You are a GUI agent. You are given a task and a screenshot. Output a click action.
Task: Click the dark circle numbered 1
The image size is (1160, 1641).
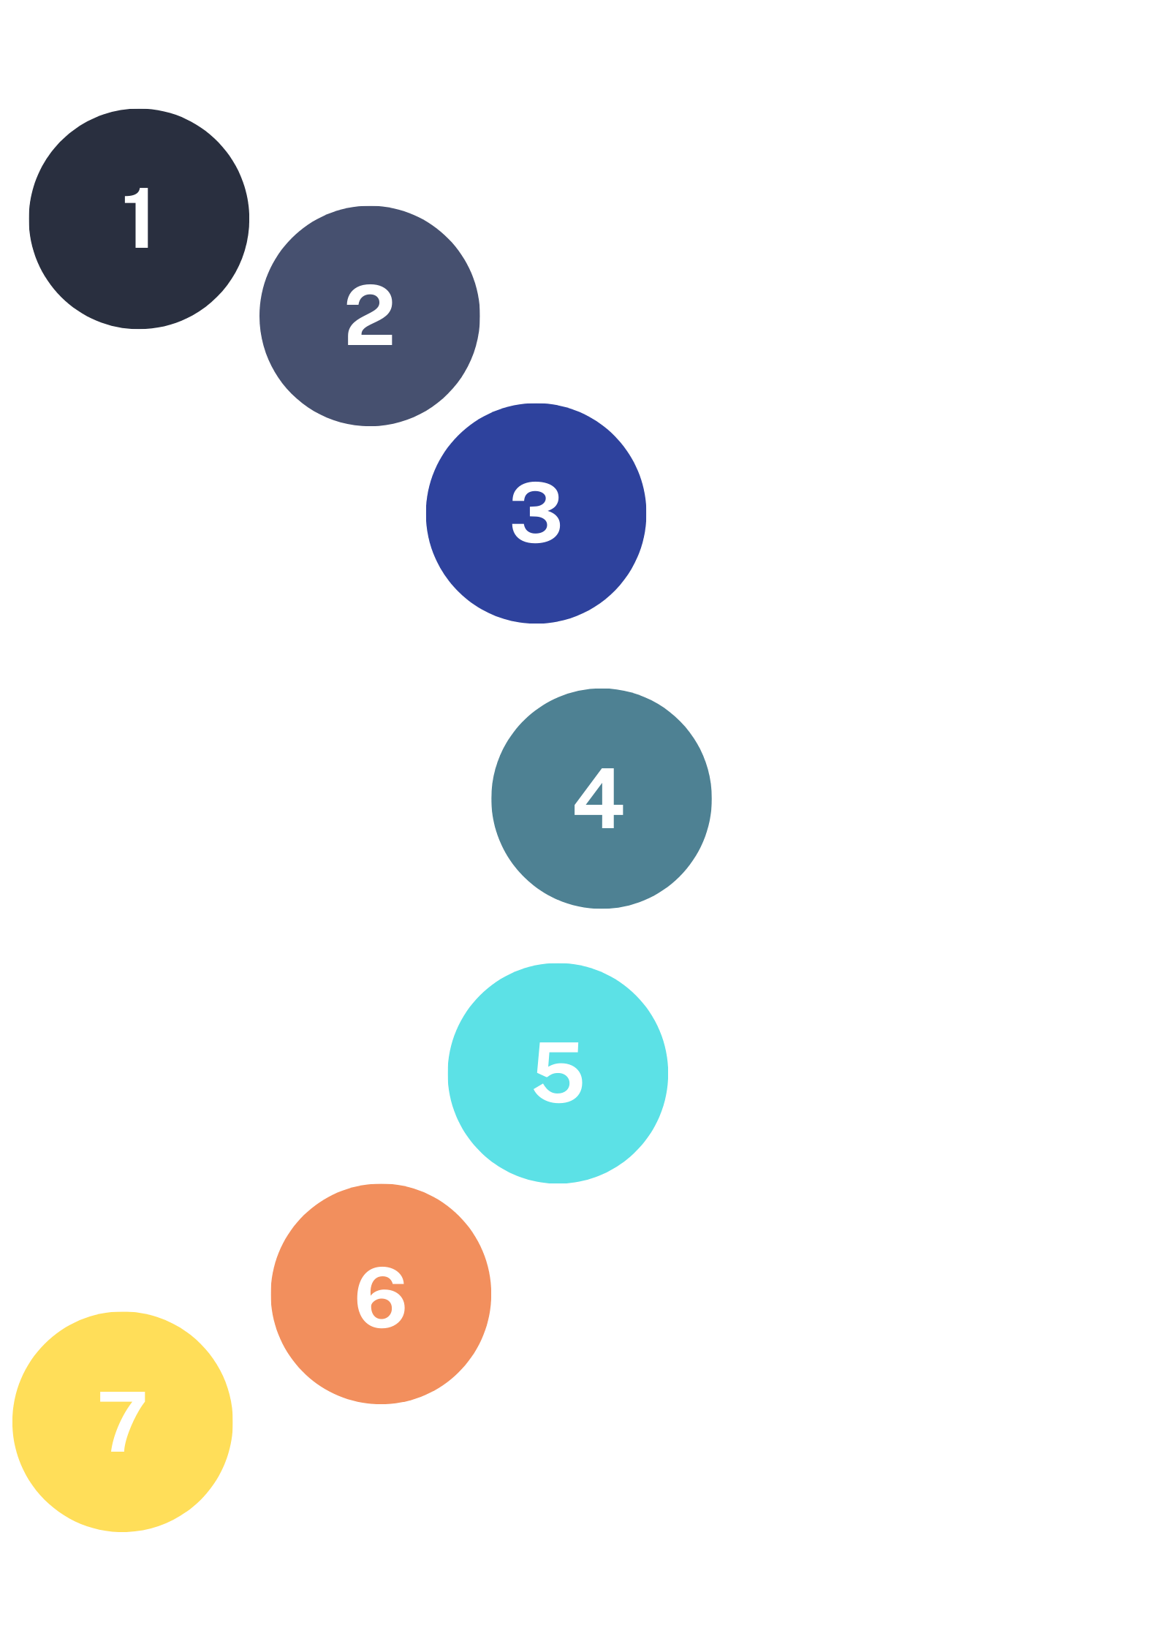pos(139,219)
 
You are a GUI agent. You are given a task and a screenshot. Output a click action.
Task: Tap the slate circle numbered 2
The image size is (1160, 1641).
pos(370,316)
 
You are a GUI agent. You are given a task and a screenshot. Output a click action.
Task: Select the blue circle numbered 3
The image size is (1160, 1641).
pos(536,513)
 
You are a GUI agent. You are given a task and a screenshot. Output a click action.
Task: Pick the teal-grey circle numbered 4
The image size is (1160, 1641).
pos(601,798)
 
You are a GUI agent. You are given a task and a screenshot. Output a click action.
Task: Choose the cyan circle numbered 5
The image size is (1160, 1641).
pos(558,1073)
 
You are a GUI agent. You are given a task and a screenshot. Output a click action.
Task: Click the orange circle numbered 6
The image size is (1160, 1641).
pos(380,1293)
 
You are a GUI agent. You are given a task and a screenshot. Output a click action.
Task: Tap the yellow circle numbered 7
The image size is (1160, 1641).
pos(123,1421)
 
